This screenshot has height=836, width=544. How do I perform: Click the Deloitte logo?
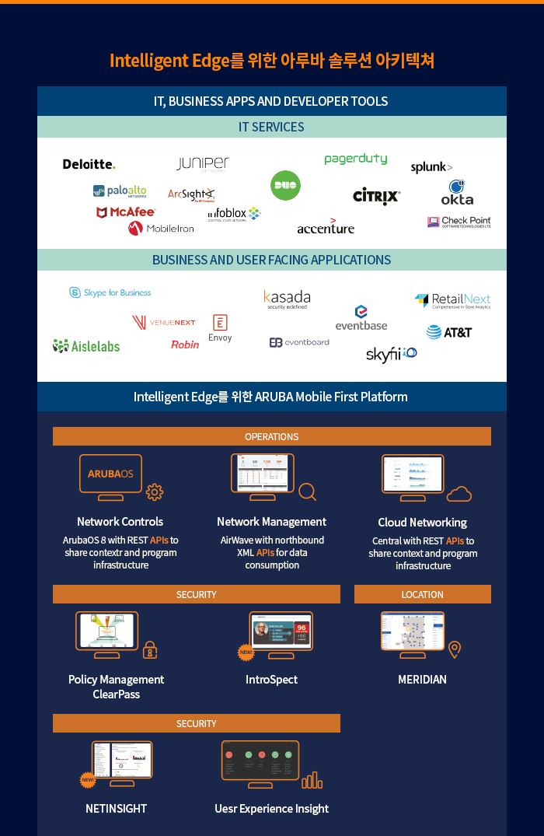89,164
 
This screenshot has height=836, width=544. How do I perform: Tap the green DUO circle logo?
285,185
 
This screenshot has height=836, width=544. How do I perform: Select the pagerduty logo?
355,159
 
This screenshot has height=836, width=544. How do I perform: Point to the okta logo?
457,193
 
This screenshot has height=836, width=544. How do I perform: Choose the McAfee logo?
125,212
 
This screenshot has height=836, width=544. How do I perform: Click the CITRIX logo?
377,196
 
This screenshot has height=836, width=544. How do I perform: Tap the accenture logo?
326,228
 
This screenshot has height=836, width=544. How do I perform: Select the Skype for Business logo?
110,292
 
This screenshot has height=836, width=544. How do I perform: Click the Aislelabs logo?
86,346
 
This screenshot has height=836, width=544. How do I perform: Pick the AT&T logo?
448,332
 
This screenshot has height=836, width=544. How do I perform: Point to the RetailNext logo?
452,300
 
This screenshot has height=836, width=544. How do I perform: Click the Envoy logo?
220,328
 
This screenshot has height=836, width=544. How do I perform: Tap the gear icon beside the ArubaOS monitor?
155,491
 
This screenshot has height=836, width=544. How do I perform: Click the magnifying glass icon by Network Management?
308,491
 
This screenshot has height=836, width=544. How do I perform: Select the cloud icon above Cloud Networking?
459,494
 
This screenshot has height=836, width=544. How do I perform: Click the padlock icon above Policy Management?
150,649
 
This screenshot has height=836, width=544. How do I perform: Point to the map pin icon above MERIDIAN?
455,649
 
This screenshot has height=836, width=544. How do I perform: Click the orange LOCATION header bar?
422,594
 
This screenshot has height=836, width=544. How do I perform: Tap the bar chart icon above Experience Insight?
312,780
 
